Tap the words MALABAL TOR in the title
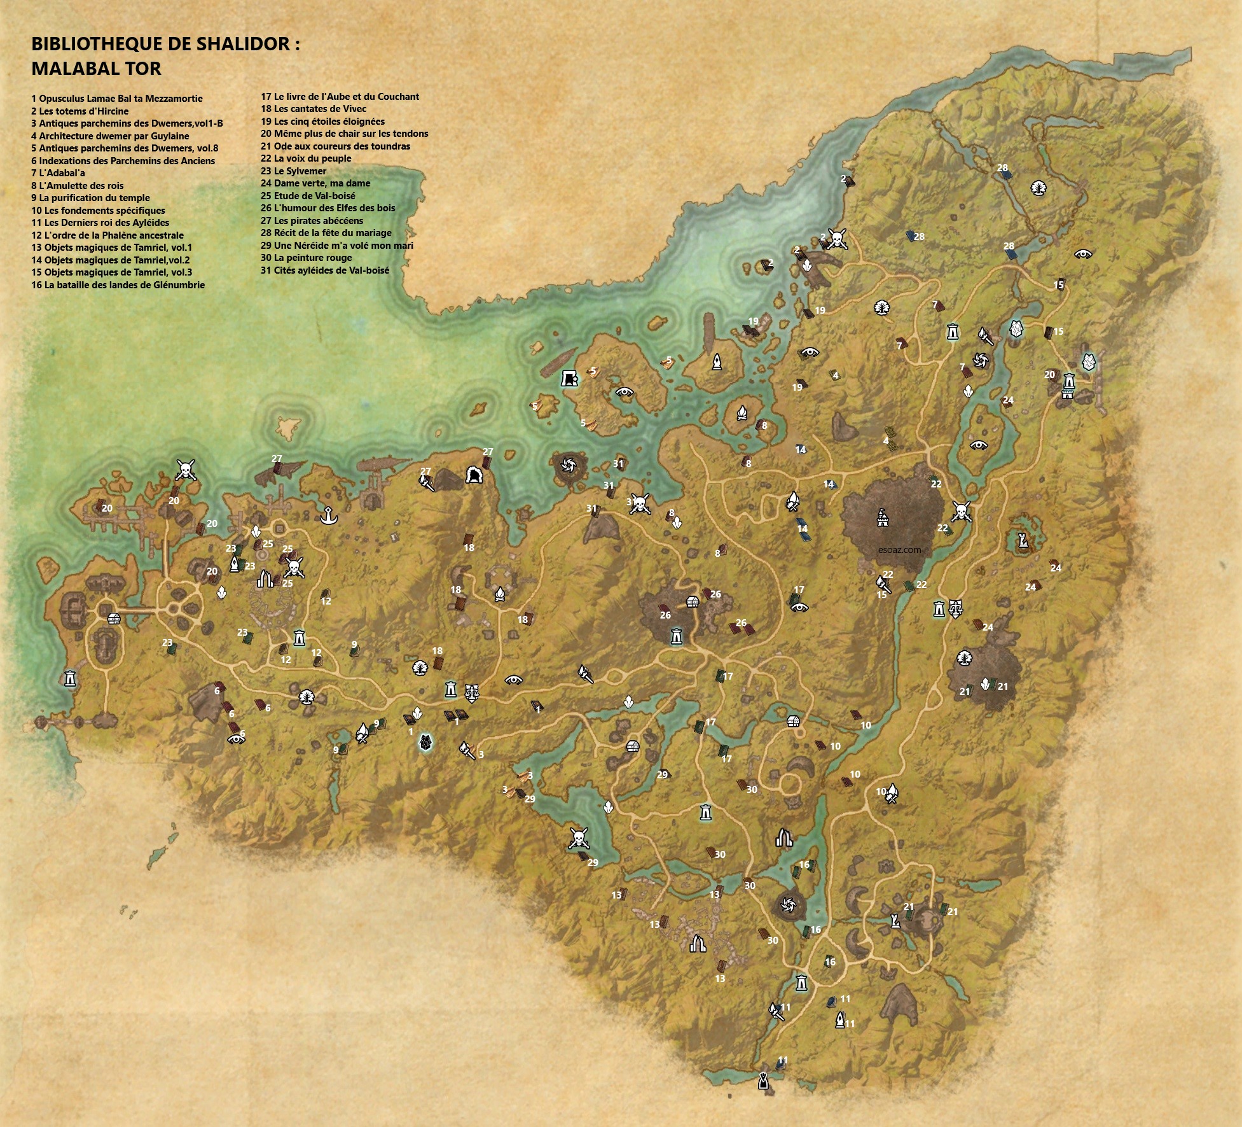click(x=96, y=68)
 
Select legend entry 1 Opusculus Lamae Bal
click(x=117, y=99)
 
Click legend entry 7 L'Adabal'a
click(x=58, y=173)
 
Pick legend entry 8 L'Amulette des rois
click(x=77, y=185)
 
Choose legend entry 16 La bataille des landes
click(x=118, y=285)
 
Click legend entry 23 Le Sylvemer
click(x=293, y=171)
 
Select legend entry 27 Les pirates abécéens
click(x=312, y=221)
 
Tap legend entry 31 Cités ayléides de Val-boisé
click(x=325, y=270)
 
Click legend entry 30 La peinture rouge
click(x=306, y=258)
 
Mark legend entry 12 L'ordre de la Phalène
click(x=107, y=235)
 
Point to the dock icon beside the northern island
click(x=569, y=379)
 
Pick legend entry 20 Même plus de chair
click(x=344, y=134)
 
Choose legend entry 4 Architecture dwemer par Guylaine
click(x=110, y=136)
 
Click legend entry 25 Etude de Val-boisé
click(x=308, y=196)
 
